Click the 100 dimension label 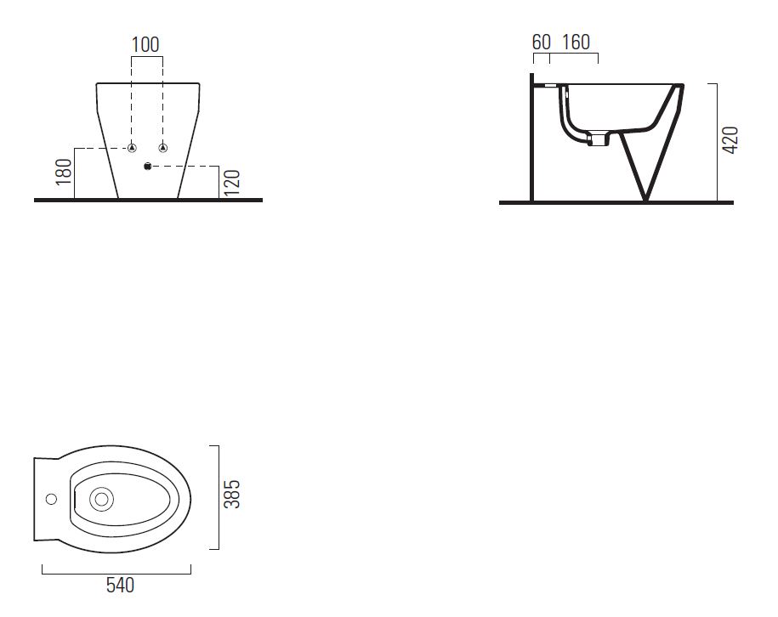tap(145, 45)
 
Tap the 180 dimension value tap(64, 173)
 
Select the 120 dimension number tap(232, 183)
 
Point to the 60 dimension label tap(542, 42)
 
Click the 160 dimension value tap(576, 42)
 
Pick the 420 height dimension tap(730, 140)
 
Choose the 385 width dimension tap(232, 494)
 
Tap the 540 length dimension tap(120, 586)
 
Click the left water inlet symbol tap(132, 148)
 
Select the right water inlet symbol tap(162, 148)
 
